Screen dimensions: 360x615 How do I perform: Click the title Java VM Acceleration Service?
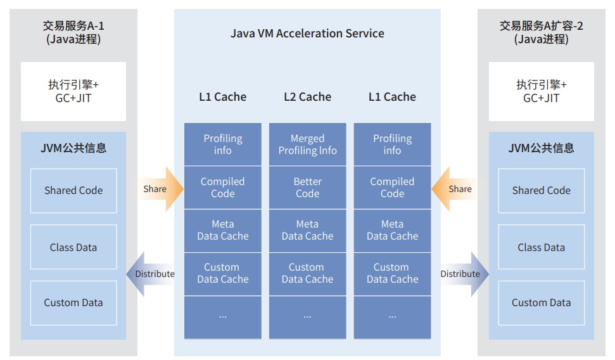(307, 33)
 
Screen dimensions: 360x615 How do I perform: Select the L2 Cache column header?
(307, 97)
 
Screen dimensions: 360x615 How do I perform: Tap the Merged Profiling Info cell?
(307, 145)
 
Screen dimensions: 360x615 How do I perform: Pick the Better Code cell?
(307, 188)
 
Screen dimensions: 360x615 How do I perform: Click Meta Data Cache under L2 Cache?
(307, 230)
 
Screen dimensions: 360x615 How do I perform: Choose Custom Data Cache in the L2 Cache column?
(307, 273)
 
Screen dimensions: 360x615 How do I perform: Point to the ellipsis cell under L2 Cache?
(307, 316)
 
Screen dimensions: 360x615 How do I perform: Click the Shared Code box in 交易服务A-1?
(73, 190)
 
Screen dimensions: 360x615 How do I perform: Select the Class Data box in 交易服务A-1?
(73, 247)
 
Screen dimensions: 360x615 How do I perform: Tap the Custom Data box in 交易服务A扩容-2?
(541, 303)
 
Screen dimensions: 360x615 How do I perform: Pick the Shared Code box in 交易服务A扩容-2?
(541, 190)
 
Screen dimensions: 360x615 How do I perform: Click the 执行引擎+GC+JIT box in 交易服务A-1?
(73, 91)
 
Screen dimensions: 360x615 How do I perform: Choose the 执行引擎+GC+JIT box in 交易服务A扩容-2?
(541, 91)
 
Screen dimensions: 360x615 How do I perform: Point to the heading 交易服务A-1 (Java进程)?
(73, 32)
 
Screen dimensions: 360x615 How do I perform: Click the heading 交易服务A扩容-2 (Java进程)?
(541, 32)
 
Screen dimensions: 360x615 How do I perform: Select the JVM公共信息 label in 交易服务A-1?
(73, 148)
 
